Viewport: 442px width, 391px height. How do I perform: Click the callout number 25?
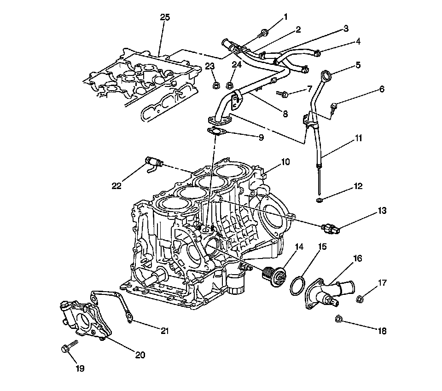click(165, 17)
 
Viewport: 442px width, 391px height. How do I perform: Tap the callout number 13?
click(382, 211)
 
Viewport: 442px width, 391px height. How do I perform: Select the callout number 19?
click(80, 368)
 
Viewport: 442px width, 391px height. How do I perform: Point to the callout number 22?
click(116, 186)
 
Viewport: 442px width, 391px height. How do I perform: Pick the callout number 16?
click(357, 259)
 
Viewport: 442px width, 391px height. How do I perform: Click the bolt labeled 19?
click(69, 346)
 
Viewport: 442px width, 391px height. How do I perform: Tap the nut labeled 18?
click(338, 319)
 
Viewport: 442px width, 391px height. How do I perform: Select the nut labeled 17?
click(360, 298)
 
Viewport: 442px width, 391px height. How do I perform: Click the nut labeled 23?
click(215, 85)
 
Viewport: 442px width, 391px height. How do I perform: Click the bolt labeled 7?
click(282, 94)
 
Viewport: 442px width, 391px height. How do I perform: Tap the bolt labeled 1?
click(263, 34)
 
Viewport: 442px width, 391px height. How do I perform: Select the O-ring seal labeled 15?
click(297, 286)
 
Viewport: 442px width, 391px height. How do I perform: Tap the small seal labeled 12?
click(319, 201)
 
